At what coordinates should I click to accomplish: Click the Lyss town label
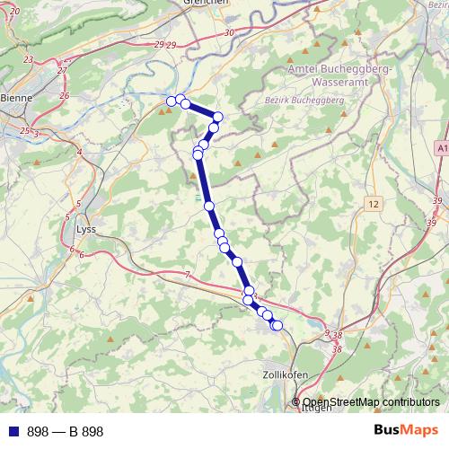(86, 228)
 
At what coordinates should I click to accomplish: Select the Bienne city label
(14, 99)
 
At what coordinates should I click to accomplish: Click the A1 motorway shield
(442, 146)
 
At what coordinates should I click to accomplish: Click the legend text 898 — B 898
(66, 432)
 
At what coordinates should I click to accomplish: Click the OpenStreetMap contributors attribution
(371, 401)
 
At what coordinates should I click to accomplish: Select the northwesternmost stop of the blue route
(172, 101)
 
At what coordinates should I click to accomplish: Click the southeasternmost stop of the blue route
(277, 324)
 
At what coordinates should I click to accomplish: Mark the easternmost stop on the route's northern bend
(217, 117)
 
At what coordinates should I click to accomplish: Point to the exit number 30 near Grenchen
(229, 32)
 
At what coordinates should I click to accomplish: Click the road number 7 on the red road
(187, 273)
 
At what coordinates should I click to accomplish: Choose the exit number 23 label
(29, 59)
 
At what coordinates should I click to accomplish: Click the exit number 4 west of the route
(79, 152)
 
